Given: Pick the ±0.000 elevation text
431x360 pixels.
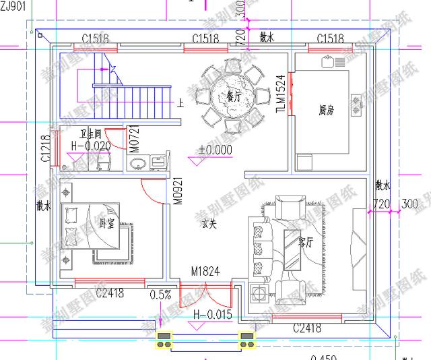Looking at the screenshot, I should (x=215, y=150).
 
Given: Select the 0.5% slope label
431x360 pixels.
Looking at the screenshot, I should (x=160, y=295).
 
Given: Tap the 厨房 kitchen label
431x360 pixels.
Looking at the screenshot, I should (x=327, y=109).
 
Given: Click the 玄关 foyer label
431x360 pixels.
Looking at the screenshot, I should (x=209, y=224).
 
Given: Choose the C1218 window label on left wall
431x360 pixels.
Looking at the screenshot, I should (x=44, y=148).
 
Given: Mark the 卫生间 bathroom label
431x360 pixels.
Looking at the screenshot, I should (x=90, y=134).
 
